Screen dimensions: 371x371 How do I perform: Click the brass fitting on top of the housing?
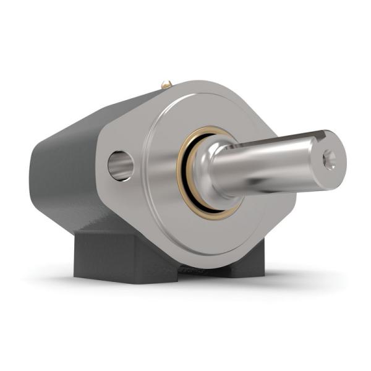[x=166, y=83]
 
